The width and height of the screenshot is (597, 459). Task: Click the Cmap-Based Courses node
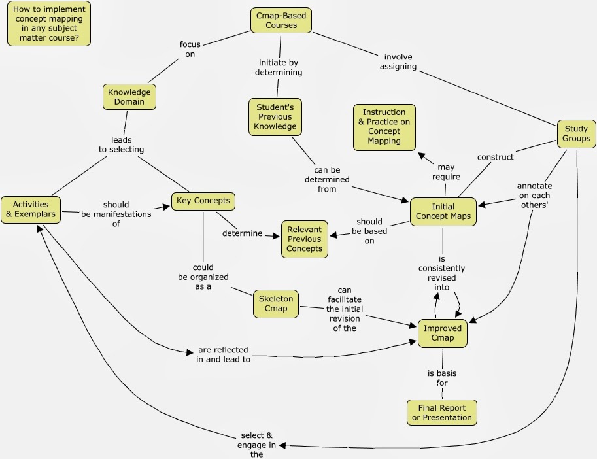(x=281, y=20)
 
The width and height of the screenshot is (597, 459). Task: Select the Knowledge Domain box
(x=129, y=97)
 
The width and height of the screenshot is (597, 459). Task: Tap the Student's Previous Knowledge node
(x=275, y=116)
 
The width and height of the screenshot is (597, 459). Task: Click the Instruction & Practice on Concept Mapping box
(x=384, y=126)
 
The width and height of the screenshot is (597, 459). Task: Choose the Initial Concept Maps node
(x=443, y=211)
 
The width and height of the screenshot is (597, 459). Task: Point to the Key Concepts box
(x=203, y=200)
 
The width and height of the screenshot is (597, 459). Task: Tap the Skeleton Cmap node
(x=276, y=303)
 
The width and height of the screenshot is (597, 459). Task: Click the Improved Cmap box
(x=443, y=333)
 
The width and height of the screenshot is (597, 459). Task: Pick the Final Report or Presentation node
(x=441, y=413)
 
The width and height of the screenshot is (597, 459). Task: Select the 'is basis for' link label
(x=442, y=378)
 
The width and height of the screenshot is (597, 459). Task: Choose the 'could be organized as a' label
(x=203, y=277)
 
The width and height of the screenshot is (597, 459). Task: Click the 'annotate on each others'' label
(x=534, y=195)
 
